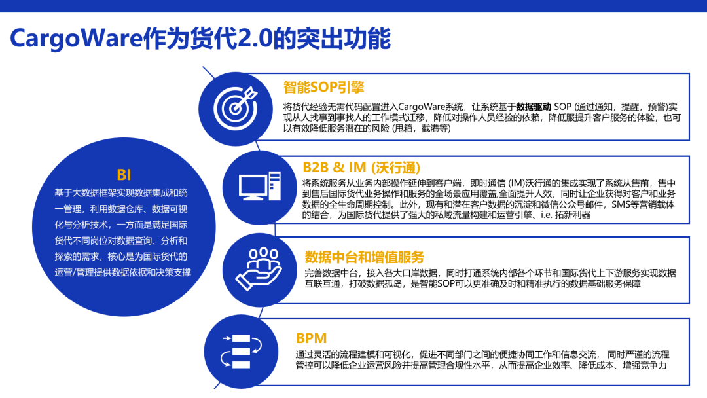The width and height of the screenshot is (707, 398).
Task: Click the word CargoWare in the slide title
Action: point(76,39)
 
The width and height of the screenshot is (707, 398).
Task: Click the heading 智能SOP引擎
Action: point(323,87)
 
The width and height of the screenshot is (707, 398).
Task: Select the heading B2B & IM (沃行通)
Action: point(361,168)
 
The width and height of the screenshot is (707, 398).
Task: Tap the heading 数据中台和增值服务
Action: point(365,257)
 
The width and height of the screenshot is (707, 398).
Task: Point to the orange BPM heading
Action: point(311,338)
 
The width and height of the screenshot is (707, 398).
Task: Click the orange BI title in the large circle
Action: point(124,174)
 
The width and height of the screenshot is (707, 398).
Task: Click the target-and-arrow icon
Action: point(236,108)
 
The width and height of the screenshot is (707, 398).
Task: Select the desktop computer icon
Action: point(260,186)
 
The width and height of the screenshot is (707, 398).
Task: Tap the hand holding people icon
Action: point(259,268)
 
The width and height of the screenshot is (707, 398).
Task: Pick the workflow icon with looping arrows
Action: point(241,352)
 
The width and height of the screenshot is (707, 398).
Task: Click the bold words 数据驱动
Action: point(534,107)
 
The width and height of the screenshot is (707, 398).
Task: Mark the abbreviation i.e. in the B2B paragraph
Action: point(546,215)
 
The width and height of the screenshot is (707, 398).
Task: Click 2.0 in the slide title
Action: point(255,39)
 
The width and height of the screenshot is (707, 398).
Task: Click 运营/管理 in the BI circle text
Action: point(74,272)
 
